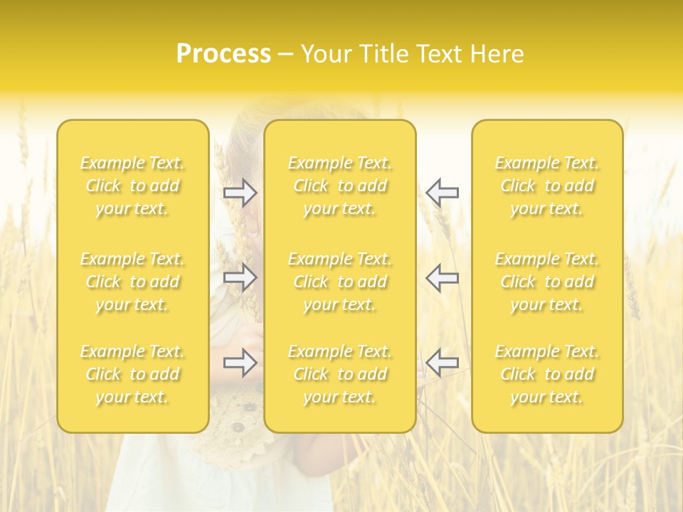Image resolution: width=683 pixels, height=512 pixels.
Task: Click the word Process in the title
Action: (223, 54)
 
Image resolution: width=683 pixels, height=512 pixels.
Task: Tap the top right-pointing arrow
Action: (240, 193)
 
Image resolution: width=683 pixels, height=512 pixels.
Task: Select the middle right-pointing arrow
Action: (240, 277)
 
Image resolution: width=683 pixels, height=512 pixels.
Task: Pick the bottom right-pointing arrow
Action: (240, 363)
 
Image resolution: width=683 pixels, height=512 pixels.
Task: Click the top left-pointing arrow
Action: (442, 193)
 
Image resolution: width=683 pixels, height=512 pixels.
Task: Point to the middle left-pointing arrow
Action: (442, 277)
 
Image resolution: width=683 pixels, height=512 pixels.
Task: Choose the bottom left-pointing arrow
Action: (442, 363)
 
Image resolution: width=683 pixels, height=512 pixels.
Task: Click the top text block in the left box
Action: (132, 186)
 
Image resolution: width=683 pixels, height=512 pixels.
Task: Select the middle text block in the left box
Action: (132, 282)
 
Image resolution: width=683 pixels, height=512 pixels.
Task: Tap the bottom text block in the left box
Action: (132, 374)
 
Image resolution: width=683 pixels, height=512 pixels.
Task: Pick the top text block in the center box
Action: (340, 186)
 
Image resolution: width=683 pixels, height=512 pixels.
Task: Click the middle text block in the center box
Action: (340, 282)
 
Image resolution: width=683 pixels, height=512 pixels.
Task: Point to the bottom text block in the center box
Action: (340, 374)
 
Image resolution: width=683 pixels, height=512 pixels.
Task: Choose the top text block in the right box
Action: (547, 186)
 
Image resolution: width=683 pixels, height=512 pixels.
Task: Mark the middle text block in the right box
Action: (547, 282)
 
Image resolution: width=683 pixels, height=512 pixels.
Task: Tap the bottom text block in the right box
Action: (547, 374)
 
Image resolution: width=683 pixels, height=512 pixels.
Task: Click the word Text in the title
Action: (435, 54)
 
